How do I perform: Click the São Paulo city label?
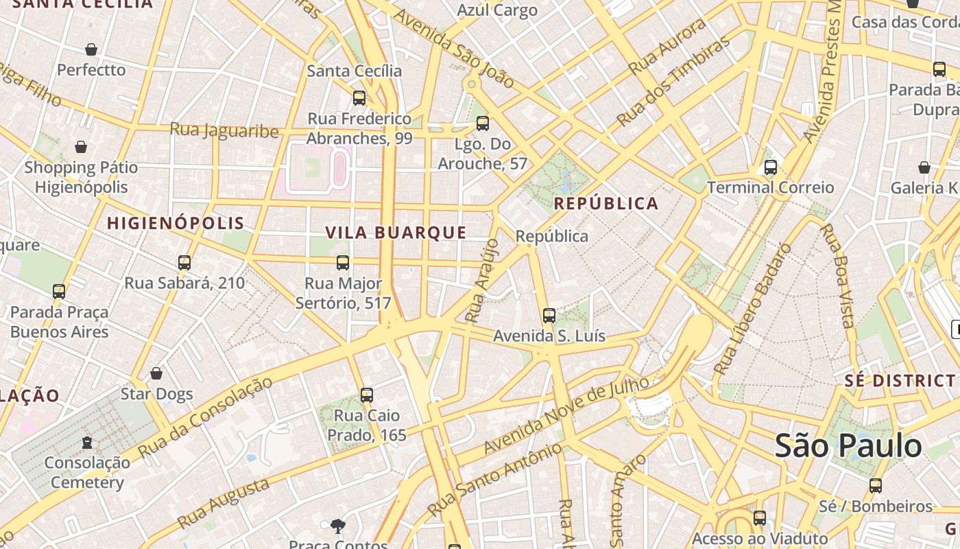point(848,446)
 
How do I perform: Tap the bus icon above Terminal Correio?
point(770,167)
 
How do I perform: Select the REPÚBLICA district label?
point(605,204)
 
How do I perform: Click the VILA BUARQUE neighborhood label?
point(396,233)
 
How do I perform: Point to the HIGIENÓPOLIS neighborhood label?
point(176,223)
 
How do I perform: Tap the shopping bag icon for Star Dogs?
point(156,374)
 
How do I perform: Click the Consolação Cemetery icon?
point(87,443)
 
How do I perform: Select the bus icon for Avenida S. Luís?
point(549,316)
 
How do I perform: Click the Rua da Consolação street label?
point(205,417)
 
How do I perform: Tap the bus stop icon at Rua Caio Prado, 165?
point(367,395)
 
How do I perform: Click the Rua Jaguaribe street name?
point(224,130)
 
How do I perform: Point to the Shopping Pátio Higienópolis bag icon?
point(81,147)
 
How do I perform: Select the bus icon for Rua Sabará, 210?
point(184,263)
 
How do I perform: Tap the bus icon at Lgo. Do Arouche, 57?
point(482,124)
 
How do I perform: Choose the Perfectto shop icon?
point(91,49)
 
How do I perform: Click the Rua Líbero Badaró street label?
point(752,309)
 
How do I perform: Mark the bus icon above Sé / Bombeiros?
point(875,486)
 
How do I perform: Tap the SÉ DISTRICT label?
point(900,381)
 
